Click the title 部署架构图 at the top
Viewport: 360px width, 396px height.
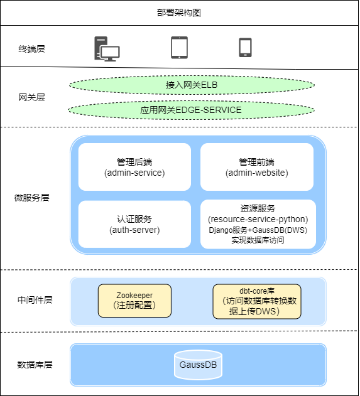[179, 13]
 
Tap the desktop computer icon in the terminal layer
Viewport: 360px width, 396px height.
[107, 48]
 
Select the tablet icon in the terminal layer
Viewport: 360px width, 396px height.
[179, 48]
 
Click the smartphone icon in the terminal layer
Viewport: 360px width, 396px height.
[245, 48]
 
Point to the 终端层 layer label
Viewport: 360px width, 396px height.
[32, 48]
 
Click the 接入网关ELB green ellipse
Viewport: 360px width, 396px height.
[192, 84]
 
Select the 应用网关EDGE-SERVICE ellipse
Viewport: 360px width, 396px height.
[192, 110]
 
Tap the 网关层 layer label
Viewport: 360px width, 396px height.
[32, 97]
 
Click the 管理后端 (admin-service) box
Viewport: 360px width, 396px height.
[134, 167]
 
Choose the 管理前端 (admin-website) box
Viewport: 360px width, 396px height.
[257, 167]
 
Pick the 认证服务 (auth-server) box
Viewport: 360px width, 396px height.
[134, 224]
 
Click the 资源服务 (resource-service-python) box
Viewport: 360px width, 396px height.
[257, 224]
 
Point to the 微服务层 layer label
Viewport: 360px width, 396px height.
[32, 198]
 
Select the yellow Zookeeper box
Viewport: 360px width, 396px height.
[134, 300]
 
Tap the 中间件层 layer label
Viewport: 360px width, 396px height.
[35, 300]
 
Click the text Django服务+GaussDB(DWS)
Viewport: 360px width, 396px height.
[258, 230]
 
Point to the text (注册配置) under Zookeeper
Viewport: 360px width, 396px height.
[134, 306]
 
